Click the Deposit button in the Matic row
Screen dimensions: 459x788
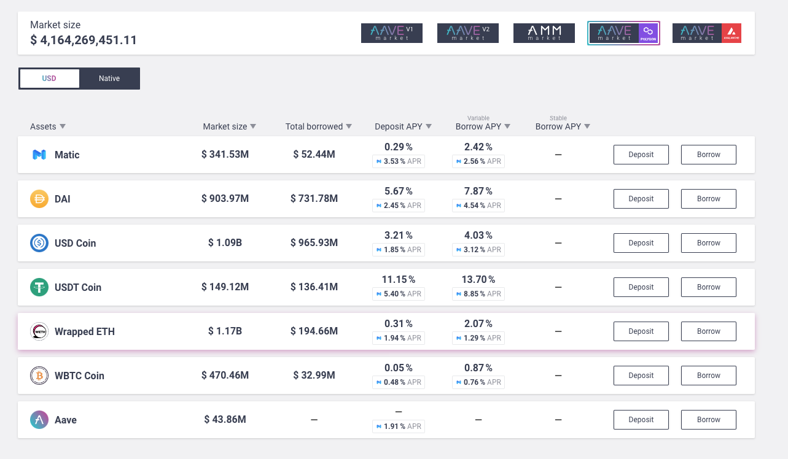point(641,155)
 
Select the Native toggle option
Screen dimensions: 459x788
point(109,79)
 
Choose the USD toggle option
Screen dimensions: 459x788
point(49,79)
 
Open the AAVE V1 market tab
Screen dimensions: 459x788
point(392,33)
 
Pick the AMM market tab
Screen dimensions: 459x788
point(544,33)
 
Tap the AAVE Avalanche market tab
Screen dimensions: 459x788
point(706,33)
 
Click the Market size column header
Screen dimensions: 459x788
point(225,126)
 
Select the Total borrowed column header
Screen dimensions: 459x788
point(314,126)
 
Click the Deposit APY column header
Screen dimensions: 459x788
point(399,126)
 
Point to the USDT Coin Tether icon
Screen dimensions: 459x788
point(39,287)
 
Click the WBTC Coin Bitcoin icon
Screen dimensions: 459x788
point(39,376)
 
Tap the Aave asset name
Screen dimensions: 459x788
point(66,420)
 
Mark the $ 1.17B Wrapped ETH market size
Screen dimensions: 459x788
point(225,331)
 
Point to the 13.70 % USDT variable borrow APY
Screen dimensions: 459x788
point(478,280)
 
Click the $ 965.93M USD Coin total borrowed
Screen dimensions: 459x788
point(314,243)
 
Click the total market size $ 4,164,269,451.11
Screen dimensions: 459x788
point(84,40)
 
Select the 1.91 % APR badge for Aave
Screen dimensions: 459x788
point(399,426)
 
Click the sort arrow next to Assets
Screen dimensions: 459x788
point(63,126)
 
